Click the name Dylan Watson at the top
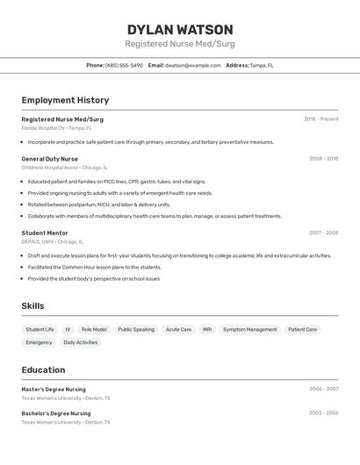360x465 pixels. (x=180, y=29)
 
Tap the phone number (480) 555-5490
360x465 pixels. (x=124, y=65)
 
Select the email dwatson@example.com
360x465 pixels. (x=192, y=65)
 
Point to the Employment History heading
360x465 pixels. (x=65, y=100)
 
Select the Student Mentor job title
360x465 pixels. (x=45, y=232)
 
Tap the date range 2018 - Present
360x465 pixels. (x=320, y=118)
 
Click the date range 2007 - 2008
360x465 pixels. (x=323, y=232)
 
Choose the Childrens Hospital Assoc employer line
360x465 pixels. (x=65, y=167)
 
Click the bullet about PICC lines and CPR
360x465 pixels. (x=117, y=182)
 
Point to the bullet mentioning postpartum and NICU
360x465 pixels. (x=99, y=204)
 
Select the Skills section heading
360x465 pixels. (x=33, y=305)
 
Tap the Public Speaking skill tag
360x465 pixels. (x=136, y=330)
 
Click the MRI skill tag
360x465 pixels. (x=207, y=330)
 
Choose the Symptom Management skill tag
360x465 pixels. (x=249, y=330)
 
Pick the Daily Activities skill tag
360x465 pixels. (x=81, y=342)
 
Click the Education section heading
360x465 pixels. (x=43, y=369)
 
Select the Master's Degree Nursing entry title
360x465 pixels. (x=54, y=389)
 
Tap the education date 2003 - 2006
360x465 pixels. (x=323, y=412)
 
